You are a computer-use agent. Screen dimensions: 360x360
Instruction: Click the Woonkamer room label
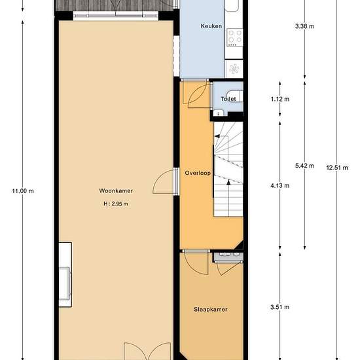tap(116, 190)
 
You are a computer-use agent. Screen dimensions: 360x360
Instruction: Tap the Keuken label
tap(211, 26)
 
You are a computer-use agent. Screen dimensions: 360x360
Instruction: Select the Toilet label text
tap(228, 99)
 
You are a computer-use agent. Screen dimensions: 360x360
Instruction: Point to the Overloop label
tap(198, 173)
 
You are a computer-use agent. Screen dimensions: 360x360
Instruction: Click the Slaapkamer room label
tap(211, 309)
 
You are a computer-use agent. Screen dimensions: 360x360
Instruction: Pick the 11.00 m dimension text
tap(23, 191)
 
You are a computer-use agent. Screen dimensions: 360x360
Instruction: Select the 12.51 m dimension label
tap(337, 168)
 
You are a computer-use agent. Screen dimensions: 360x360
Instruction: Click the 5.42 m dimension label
tap(304, 166)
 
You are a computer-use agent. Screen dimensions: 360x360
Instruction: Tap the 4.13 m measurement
tap(279, 185)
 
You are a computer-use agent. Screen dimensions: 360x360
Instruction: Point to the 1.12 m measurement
tap(280, 99)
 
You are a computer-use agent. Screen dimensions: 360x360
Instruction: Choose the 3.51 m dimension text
tap(279, 307)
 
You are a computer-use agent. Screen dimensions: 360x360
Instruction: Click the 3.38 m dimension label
tap(304, 26)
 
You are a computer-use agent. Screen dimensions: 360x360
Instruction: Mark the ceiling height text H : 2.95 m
tap(116, 204)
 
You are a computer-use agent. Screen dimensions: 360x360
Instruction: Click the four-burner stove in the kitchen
tap(235, 37)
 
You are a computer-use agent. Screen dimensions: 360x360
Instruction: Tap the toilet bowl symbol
tap(234, 96)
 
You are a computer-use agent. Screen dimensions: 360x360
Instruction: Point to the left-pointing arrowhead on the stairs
tap(217, 136)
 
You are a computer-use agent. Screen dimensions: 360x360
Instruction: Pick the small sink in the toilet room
tap(219, 113)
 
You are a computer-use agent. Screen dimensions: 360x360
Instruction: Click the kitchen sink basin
tap(232, 5)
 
